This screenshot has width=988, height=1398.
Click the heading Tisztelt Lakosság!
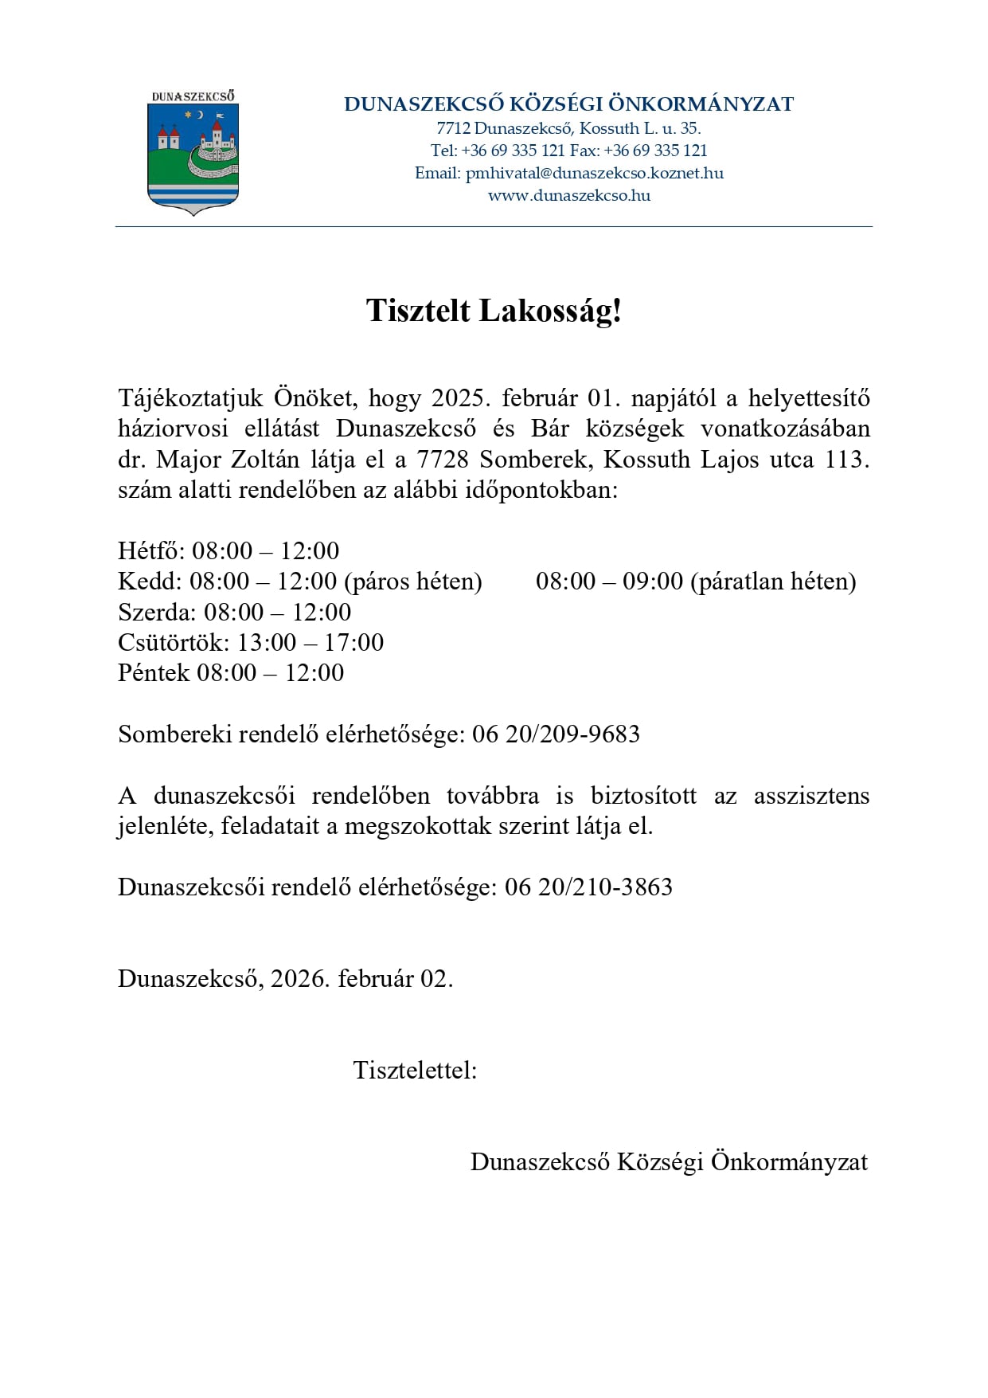click(x=494, y=311)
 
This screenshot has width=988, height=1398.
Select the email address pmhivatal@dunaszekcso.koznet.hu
click(x=594, y=173)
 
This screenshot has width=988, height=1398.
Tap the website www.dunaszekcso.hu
click(x=568, y=195)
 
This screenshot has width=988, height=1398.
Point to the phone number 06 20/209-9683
click(x=556, y=734)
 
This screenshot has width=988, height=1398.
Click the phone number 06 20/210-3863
click(x=588, y=887)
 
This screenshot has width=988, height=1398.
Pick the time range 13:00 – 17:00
click(x=310, y=642)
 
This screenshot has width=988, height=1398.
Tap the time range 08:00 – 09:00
click(x=609, y=582)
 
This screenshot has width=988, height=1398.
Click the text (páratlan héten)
click(x=773, y=582)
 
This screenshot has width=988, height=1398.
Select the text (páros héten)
click(x=413, y=582)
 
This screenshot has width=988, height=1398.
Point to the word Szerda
click(x=156, y=612)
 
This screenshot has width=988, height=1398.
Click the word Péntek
click(x=154, y=673)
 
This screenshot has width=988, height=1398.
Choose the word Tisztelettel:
click(x=415, y=1070)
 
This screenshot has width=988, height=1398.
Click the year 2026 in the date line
click(x=299, y=978)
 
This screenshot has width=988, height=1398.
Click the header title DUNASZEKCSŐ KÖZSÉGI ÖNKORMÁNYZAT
click(x=568, y=104)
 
